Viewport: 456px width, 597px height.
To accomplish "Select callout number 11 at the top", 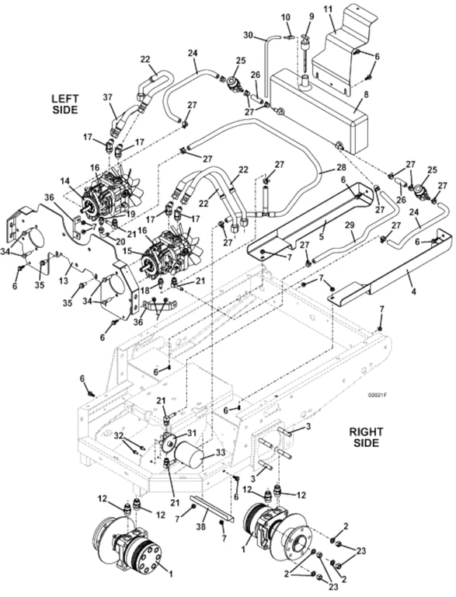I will pos(327,9).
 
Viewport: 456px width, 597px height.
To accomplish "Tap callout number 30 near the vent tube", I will pos(248,35).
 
